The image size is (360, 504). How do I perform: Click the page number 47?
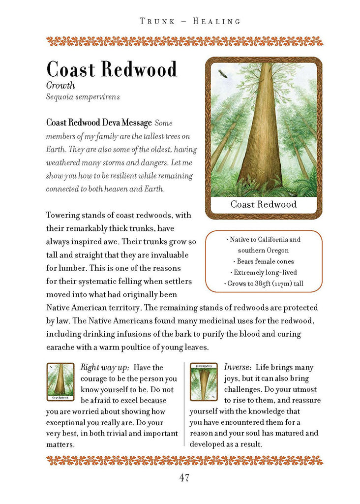pyautogui.click(x=180, y=477)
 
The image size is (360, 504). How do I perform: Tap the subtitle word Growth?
pyautogui.click(x=60, y=85)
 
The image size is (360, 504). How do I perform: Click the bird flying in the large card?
pyautogui.click(x=222, y=74)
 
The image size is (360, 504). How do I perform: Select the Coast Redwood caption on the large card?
pyautogui.click(x=263, y=204)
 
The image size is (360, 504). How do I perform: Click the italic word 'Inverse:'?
pyautogui.click(x=238, y=368)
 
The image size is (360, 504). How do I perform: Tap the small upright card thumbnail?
pyautogui.click(x=60, y=381)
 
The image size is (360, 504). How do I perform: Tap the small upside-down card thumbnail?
pyautogui.click(x=203, y=381)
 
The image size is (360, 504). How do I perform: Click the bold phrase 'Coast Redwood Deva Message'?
pyautogui.click(x=99, y=123)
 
